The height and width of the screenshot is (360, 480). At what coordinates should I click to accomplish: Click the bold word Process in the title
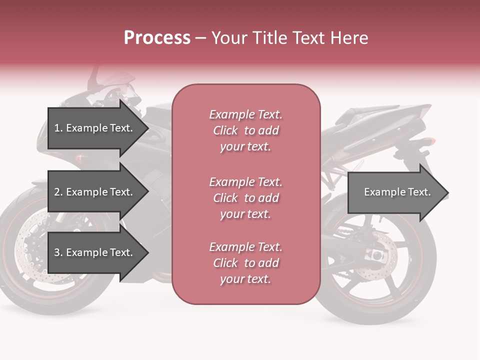157,38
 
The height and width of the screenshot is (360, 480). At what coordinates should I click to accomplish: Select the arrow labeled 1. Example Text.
95,128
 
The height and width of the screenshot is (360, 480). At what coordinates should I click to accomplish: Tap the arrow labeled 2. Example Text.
95,192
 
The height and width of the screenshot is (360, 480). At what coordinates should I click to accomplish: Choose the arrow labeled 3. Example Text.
95,252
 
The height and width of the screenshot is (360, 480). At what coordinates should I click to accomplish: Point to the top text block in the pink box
245,130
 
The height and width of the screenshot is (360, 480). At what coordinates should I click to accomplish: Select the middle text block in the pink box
245,198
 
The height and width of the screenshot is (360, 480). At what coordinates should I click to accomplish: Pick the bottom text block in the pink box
245,263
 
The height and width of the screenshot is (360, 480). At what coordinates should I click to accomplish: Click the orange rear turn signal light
429,142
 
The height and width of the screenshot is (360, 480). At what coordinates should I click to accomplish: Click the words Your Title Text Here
289,38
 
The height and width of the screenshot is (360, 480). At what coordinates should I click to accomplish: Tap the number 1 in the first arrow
56,128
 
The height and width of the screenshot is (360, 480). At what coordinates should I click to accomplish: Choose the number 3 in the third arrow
56,252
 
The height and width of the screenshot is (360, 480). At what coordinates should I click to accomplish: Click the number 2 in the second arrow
56,192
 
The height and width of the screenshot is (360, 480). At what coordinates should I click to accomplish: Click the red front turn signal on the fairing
79,158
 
